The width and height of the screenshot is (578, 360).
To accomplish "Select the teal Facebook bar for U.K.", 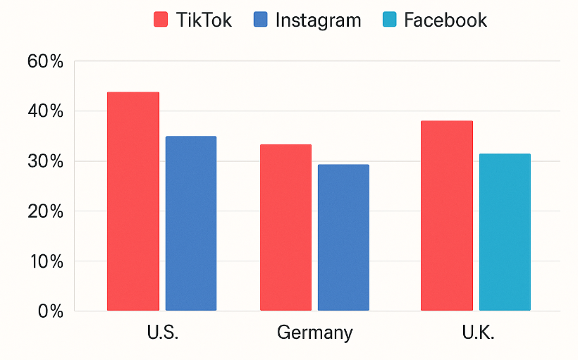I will [x=505, y=232].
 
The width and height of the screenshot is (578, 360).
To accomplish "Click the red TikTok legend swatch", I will [x=161, y=20].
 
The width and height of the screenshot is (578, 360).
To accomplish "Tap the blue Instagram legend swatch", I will [x=260, y=20].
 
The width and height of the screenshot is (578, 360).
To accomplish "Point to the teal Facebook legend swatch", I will [x=389, y=20].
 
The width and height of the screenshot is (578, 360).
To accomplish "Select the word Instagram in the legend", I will [x=318, y=20].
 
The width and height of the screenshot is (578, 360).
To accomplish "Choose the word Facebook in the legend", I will [x=445, y=20].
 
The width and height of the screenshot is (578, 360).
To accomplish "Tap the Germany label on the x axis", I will [x=314, y=333].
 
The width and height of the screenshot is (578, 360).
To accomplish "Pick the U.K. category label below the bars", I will [x=476, y=333].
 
